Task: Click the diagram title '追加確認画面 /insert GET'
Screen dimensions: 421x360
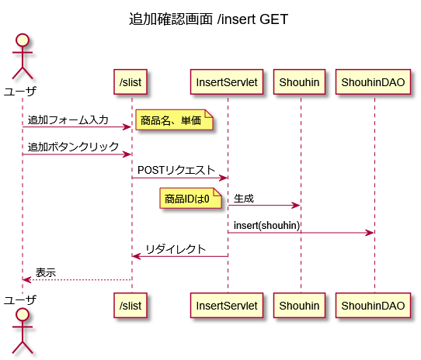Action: [x=209, y=19]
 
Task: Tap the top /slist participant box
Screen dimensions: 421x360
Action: [x=130, y=81]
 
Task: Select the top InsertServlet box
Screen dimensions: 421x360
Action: [x=227, y=81]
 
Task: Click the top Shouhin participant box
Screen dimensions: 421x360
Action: [x=299, y=81]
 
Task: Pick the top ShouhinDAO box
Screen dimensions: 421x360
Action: [x=373, y=81]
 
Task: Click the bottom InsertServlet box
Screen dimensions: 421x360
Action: [x=227, y=305]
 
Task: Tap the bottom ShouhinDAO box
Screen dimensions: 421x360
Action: [x=373, y=305]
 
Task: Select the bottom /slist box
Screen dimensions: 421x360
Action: [x=130, y=305]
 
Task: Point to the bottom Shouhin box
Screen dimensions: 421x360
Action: [x=299, y=305]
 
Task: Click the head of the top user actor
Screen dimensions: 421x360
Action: [x=23, y=40]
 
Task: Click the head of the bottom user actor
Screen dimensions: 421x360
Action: [x=23, y=315]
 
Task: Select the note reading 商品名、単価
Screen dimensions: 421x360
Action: [x=174, y=119]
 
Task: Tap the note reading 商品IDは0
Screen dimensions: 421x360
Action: [x=190, y=199]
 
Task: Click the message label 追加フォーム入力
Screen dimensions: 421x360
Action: [x=68, y=119]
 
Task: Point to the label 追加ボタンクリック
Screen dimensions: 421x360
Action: [x=73, y=147]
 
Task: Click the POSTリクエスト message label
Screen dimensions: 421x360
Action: [x=176, y=170]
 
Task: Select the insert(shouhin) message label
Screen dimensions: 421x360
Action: [x=266, y=225]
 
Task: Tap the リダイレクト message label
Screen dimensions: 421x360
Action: [x=176, y=249]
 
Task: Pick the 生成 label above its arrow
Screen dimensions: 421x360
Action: [x=244, y=199]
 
